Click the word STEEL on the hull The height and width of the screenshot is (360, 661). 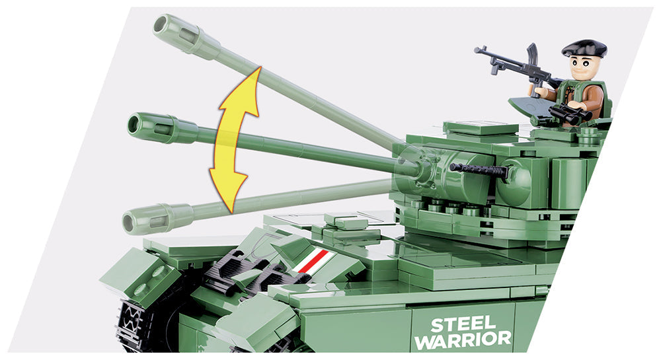(x=463, y=324)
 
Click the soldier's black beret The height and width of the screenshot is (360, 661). (x=584, y=48)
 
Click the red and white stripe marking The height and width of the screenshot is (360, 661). (x=311, y=261)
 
